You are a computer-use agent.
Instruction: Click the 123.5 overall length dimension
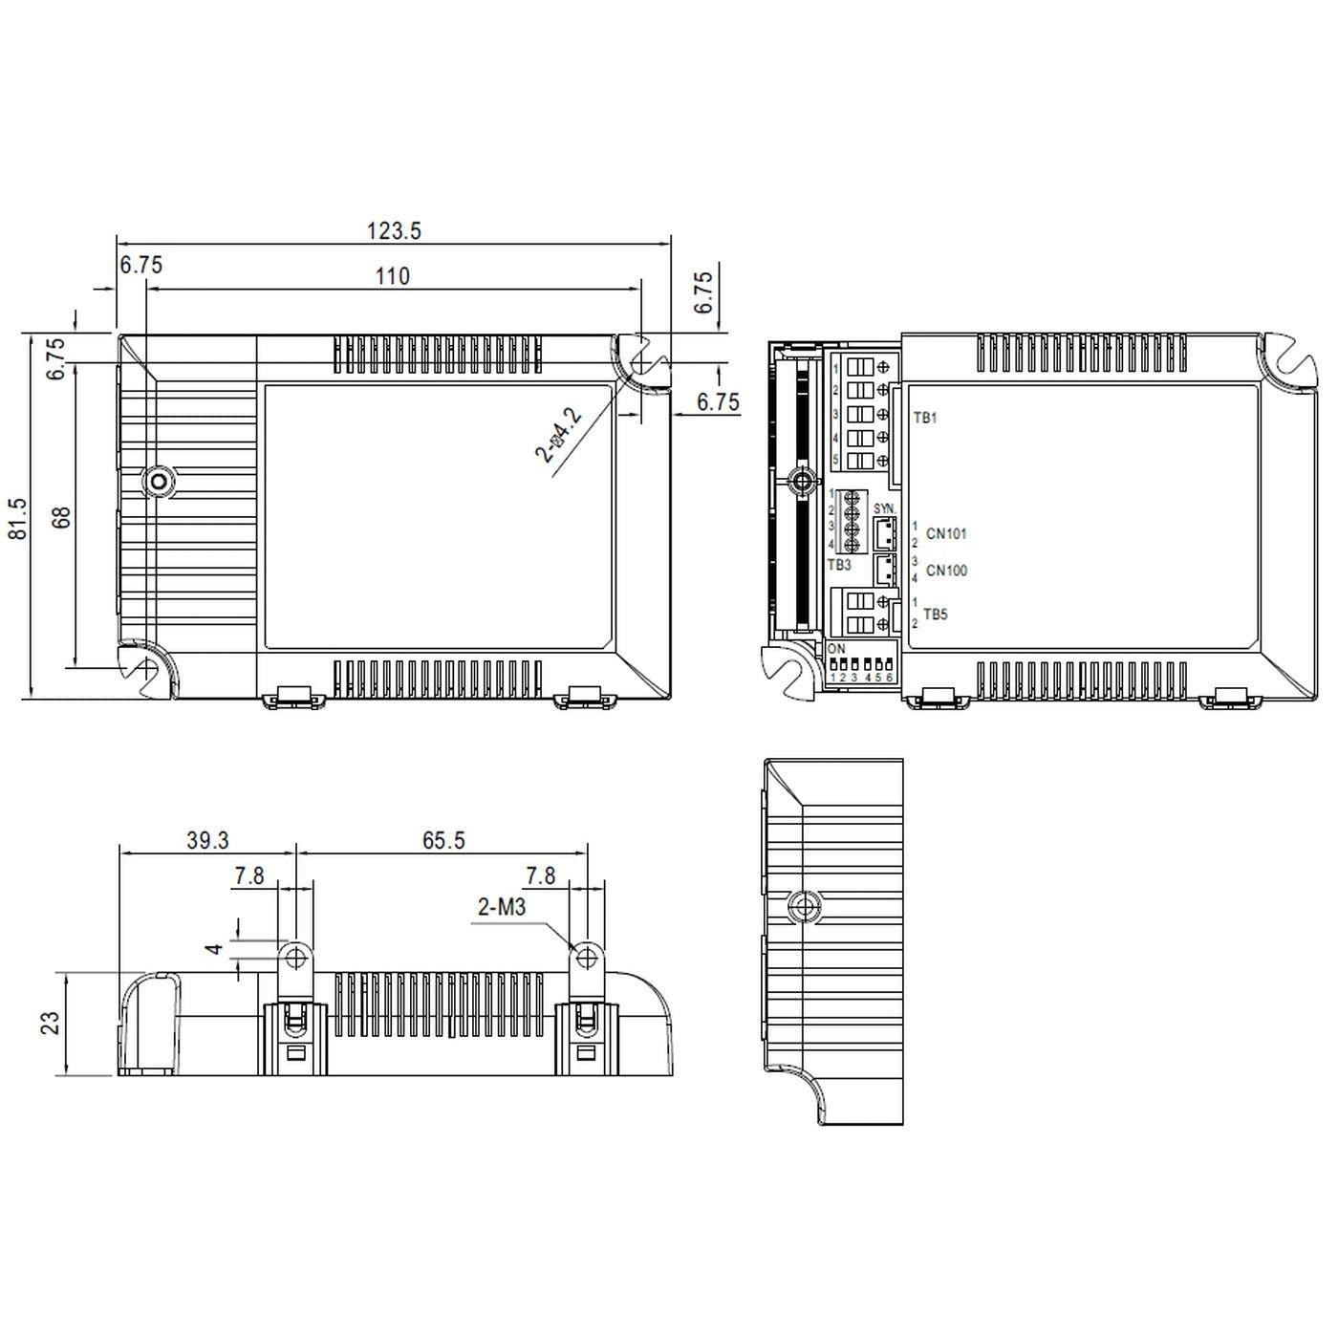tap(394, 230)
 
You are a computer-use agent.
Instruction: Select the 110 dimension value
tap(392, 276)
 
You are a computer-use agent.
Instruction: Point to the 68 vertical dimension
tap(61, 518)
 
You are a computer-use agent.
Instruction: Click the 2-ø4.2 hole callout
tap(559, 435)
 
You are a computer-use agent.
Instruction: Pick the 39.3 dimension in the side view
tap(207, 840)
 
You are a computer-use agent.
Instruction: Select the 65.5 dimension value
tap(443, 840)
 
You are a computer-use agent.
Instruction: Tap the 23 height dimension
tap(51, 1023)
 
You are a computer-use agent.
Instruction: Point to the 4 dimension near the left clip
tap(216, 949)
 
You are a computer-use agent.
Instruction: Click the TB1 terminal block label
tap(925, 418)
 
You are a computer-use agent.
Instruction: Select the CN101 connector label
tap(946, 534)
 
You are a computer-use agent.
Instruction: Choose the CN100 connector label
tap(946, 571)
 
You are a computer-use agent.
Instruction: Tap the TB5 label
tap(936, 615)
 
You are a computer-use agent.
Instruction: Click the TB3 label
tap(838, 565)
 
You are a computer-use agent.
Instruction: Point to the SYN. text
tap(884, 508)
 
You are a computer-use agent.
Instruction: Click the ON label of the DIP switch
tap(836, 649)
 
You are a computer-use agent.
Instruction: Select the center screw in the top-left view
tap(158, 482)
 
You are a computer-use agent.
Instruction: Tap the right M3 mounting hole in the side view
tap(585, 956)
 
